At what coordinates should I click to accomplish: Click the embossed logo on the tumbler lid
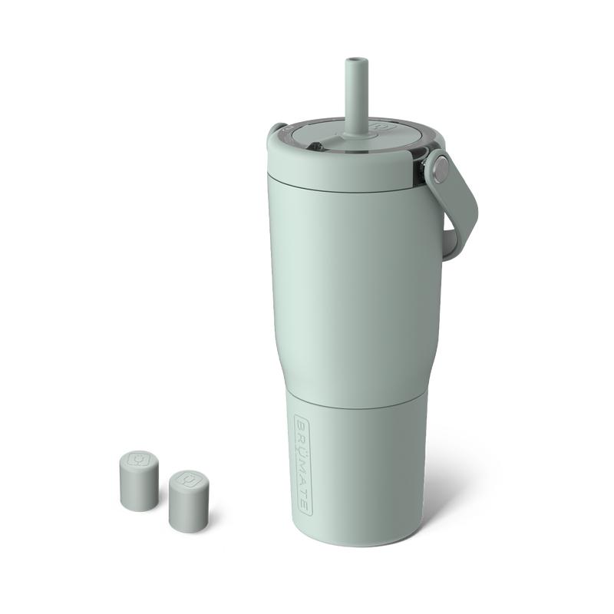coord(379,126)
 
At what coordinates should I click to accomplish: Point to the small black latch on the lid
coord(315,147)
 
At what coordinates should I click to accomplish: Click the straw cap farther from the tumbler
coord(139,480)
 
